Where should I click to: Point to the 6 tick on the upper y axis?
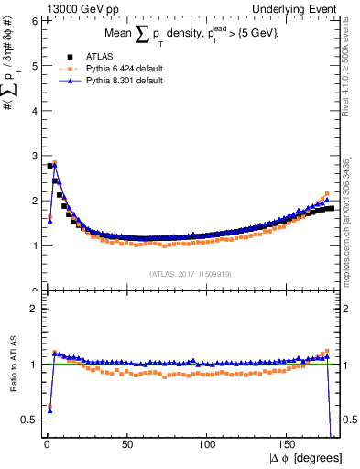tap(34, 21)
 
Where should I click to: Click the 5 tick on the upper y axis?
tap(34, 66)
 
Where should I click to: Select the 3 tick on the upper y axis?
tap(34, 156)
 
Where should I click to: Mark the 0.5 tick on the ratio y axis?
tap(30, 420)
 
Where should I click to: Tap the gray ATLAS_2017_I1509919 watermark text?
tap(189, 273)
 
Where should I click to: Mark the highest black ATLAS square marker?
tap(49, 166)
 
